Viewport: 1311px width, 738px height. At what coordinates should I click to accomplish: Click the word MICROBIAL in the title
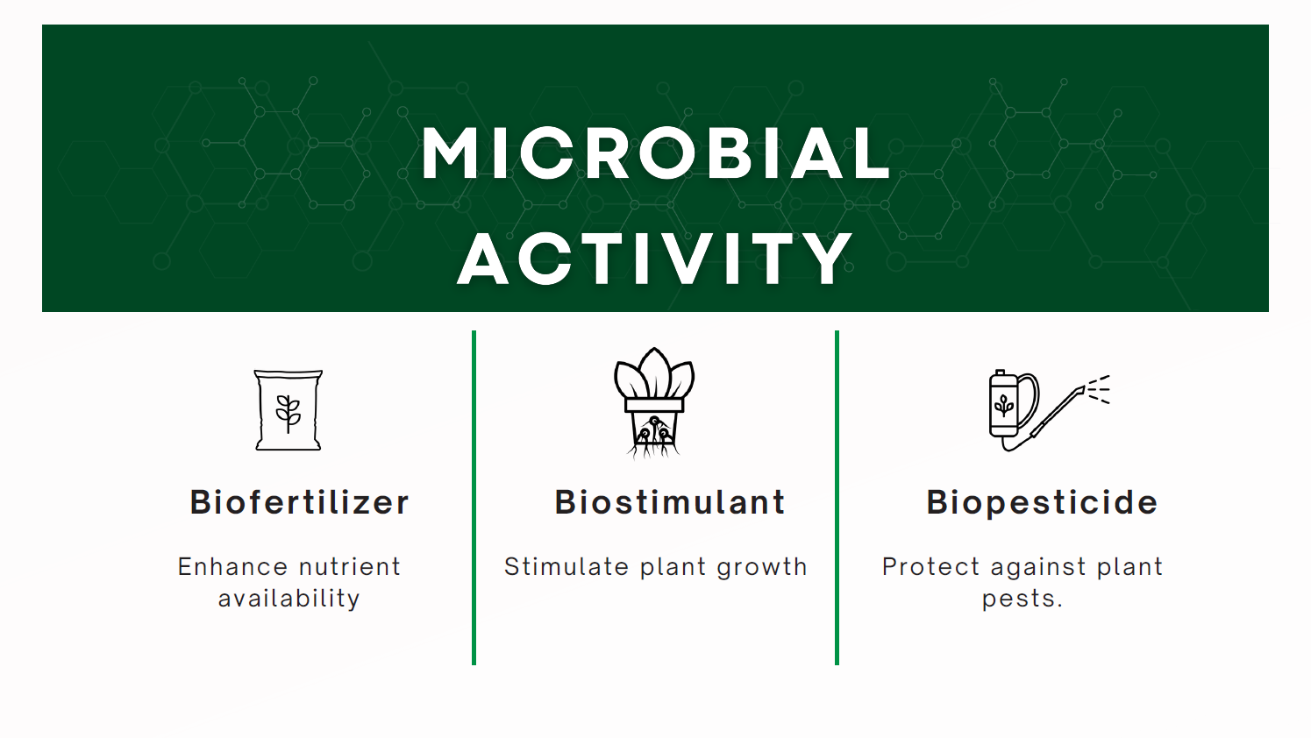click(x=656, y=153)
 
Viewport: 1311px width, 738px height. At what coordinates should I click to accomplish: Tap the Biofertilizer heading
click(x=300, y=502)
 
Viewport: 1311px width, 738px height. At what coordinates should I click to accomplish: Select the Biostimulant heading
click(x=670, y=502)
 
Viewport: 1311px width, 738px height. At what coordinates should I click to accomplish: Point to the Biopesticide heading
click(x=1043, y=503)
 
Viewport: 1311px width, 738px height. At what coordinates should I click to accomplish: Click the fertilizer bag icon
click(x=288, y=410)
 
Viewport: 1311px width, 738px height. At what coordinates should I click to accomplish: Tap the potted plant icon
click(x=653, y=403)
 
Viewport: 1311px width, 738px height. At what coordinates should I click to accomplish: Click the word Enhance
click(x=233, y=567)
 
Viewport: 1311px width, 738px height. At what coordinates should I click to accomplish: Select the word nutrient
click(x=350, y=567)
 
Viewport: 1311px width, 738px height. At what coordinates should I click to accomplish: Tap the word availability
click(x=289, y=600)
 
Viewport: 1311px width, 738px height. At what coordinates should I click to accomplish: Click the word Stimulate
click(x=566, y=567)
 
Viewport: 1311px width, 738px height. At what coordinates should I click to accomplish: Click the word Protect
click(x=930, y=567)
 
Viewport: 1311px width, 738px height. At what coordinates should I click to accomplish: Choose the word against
click(x=1037, y=568)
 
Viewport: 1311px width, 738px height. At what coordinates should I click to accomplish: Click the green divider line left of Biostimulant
click(x=474, y=498)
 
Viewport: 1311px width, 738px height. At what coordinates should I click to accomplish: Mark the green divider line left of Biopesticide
click(x=837, y=498)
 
